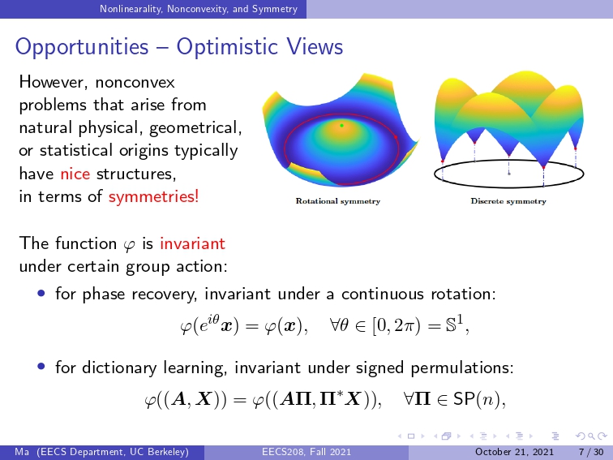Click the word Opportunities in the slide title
point(82,47)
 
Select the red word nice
point(75,174)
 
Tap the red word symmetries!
point(153,196)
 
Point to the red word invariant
point(192,243)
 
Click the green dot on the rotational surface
point(341,126)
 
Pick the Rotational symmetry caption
point(338,201)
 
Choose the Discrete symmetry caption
point(508,201)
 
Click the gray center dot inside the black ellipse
point(509,174)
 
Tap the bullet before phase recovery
point(41,294)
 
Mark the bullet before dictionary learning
point(41,367)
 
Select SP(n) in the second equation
point(477,399)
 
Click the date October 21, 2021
point(514,452)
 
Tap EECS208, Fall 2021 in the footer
point(306,452)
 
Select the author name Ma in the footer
point(22,452)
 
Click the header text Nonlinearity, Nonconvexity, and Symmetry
point(199,9)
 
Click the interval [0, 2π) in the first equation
point(397,325)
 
